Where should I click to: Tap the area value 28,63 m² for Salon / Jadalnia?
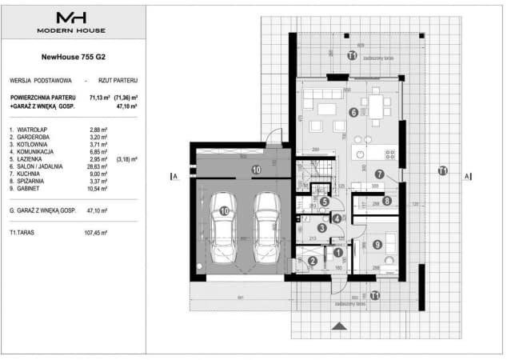click(100, 166)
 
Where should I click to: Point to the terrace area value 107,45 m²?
click(103, 233)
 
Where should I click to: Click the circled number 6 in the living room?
click(353, 113)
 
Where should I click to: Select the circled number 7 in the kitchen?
click(379, 174)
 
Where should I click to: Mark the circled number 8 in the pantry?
click(386, 201)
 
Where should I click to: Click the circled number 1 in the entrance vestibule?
click(337, 253)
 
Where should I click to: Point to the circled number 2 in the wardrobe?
click(313, 260)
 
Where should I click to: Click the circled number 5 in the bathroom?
click(325, 201)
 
